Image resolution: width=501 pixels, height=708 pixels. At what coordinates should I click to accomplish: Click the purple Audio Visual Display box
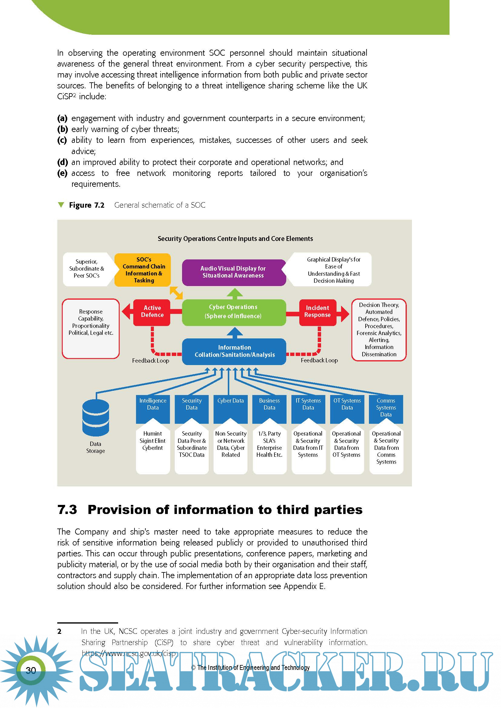click(x=234, y=272)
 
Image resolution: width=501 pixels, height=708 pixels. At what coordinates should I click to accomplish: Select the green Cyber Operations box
click(x=234, y=312)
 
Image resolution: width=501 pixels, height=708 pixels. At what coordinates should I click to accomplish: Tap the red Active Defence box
click(x=152, y=312)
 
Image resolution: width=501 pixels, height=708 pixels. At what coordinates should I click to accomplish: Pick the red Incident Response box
click(x=317, y=312)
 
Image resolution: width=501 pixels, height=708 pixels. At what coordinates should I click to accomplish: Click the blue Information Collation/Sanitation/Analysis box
click(x=234, y=351)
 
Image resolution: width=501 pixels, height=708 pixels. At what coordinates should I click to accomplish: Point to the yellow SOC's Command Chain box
click(x=143, y=270)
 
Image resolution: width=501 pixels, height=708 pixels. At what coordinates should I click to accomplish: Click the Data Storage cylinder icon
click(x=96, y=417)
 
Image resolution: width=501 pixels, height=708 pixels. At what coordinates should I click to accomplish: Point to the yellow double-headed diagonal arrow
click(x=176, y=293)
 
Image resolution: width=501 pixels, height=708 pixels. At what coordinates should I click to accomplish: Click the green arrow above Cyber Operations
click(x=235, y=293)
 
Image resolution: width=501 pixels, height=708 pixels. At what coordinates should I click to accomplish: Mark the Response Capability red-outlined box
click(x=91, y=328)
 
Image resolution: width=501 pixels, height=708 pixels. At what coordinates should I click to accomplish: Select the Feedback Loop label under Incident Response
click(x=319, y=360)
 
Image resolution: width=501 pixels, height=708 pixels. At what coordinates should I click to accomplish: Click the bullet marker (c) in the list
click(x=62, y=140)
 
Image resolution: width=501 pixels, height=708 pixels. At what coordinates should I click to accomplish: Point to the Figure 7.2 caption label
click(x=87, y=205)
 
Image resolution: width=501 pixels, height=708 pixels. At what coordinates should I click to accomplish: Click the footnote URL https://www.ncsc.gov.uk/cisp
click(x=128, y=654)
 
